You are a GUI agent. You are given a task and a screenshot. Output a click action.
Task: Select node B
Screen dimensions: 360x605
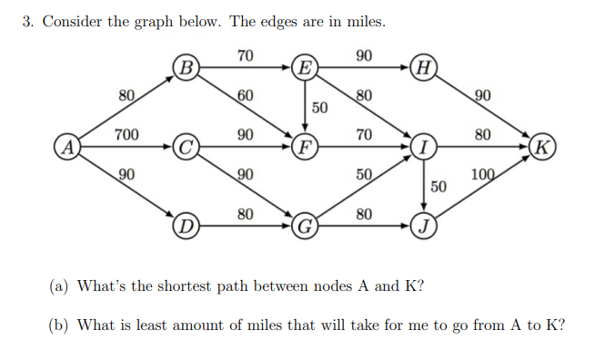coord(186,66)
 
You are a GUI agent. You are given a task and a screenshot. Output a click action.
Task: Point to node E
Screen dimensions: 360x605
coord(306,66)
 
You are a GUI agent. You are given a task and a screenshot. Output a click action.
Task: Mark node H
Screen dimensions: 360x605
coord(423,66)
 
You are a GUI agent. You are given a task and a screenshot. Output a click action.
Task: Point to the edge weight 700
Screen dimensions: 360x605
coord(126,135)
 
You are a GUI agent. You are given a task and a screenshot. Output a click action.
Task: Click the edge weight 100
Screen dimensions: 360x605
coord(484,175)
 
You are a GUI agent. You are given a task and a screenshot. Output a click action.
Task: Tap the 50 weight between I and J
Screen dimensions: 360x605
coord(438,186)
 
